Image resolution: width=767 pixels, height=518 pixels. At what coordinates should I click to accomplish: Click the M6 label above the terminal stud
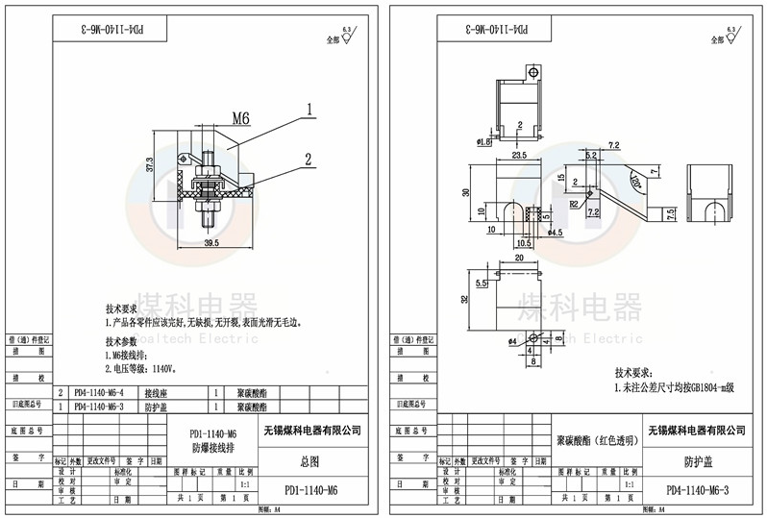240,118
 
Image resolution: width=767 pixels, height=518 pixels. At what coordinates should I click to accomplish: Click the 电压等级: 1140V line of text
142,368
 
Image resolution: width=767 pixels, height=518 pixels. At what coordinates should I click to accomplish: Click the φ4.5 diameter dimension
554,233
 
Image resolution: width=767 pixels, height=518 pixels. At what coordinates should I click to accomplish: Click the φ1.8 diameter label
483,141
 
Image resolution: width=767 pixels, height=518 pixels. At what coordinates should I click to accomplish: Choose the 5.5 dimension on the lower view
482,284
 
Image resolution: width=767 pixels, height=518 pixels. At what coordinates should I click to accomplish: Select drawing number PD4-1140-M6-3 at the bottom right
698,490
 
